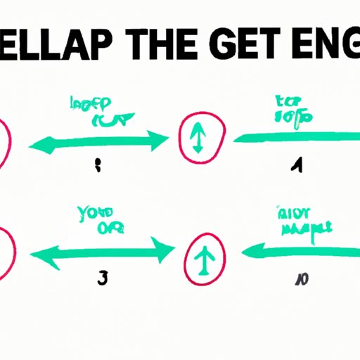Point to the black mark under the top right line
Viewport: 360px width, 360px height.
point(298,166)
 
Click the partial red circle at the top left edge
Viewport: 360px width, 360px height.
point(4,145)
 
